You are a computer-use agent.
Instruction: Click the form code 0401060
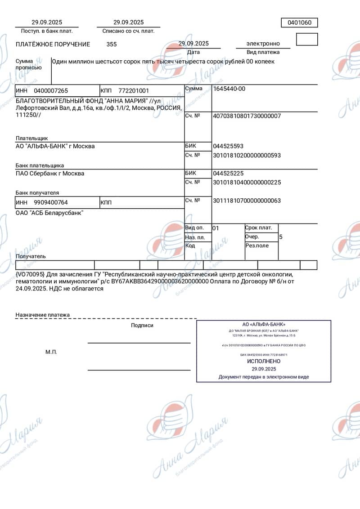[x=299, y=23]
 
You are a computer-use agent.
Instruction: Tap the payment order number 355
[x=112, y=44]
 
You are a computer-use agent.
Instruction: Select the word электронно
[x=263, y=44]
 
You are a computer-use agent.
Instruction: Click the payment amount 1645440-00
[x=229, y=89]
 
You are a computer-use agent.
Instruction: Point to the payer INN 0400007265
[x=51, y=90]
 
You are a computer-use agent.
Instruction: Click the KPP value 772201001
[x=134, y=90]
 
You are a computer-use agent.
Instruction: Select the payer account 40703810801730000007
[x=247, y=116]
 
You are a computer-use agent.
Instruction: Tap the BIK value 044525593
[x=228, y=146]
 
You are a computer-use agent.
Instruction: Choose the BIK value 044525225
[x=228, y=173]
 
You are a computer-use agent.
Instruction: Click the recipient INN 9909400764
[x=51, y=202]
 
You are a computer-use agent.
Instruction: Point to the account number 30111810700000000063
[x=247, y=201]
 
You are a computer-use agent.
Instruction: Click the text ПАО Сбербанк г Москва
[x=50, y=173]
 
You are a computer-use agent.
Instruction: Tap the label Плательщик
[x=31, y=138]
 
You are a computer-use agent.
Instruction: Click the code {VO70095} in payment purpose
[x=30, y=274]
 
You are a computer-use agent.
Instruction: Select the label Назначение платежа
[x=43, y=315]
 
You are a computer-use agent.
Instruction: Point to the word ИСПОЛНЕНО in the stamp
[x=264, y=361]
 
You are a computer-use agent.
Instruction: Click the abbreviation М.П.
[x=51, y=352]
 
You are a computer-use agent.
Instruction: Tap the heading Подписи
[x=142, y=325]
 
